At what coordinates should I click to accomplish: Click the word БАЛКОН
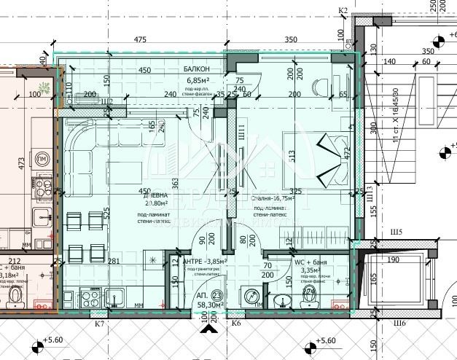click(197, 69)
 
